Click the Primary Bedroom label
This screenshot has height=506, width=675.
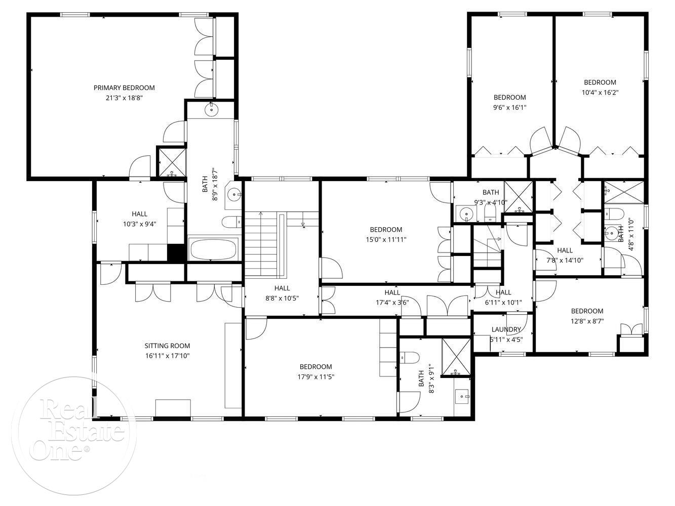124,88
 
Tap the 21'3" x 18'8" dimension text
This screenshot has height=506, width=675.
124,98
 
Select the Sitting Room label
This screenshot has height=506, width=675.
167,346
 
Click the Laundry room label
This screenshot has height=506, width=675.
506,329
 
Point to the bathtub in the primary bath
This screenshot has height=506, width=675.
214,249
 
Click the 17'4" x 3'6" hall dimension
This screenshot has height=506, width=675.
392,302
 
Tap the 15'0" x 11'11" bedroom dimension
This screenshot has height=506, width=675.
386,239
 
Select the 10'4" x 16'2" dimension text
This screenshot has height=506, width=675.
600,93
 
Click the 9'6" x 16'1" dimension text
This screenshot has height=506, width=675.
509,108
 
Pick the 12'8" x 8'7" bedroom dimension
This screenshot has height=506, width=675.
587,321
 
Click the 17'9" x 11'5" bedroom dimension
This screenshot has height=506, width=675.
316,376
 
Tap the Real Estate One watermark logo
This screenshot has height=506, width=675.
74,436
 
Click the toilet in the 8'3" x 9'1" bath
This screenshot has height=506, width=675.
410,357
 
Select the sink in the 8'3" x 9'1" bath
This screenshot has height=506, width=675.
462,397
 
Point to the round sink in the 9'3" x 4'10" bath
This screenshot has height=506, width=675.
466,213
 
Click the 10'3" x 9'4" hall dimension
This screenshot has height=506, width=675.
140,224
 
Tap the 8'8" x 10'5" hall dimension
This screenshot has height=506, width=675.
282,298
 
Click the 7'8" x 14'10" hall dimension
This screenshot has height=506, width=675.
565,260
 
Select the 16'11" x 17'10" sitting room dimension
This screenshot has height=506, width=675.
167,356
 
